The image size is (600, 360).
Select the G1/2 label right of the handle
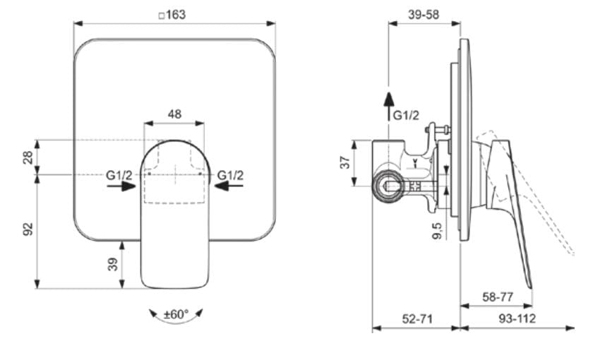[x=230, y=175]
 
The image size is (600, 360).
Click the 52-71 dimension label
[x=416, y=318]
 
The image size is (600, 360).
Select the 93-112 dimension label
[x=517, y=318]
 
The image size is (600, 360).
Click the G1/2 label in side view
[x=407, y=115]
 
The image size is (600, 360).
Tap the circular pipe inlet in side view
[x=388, y=186]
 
